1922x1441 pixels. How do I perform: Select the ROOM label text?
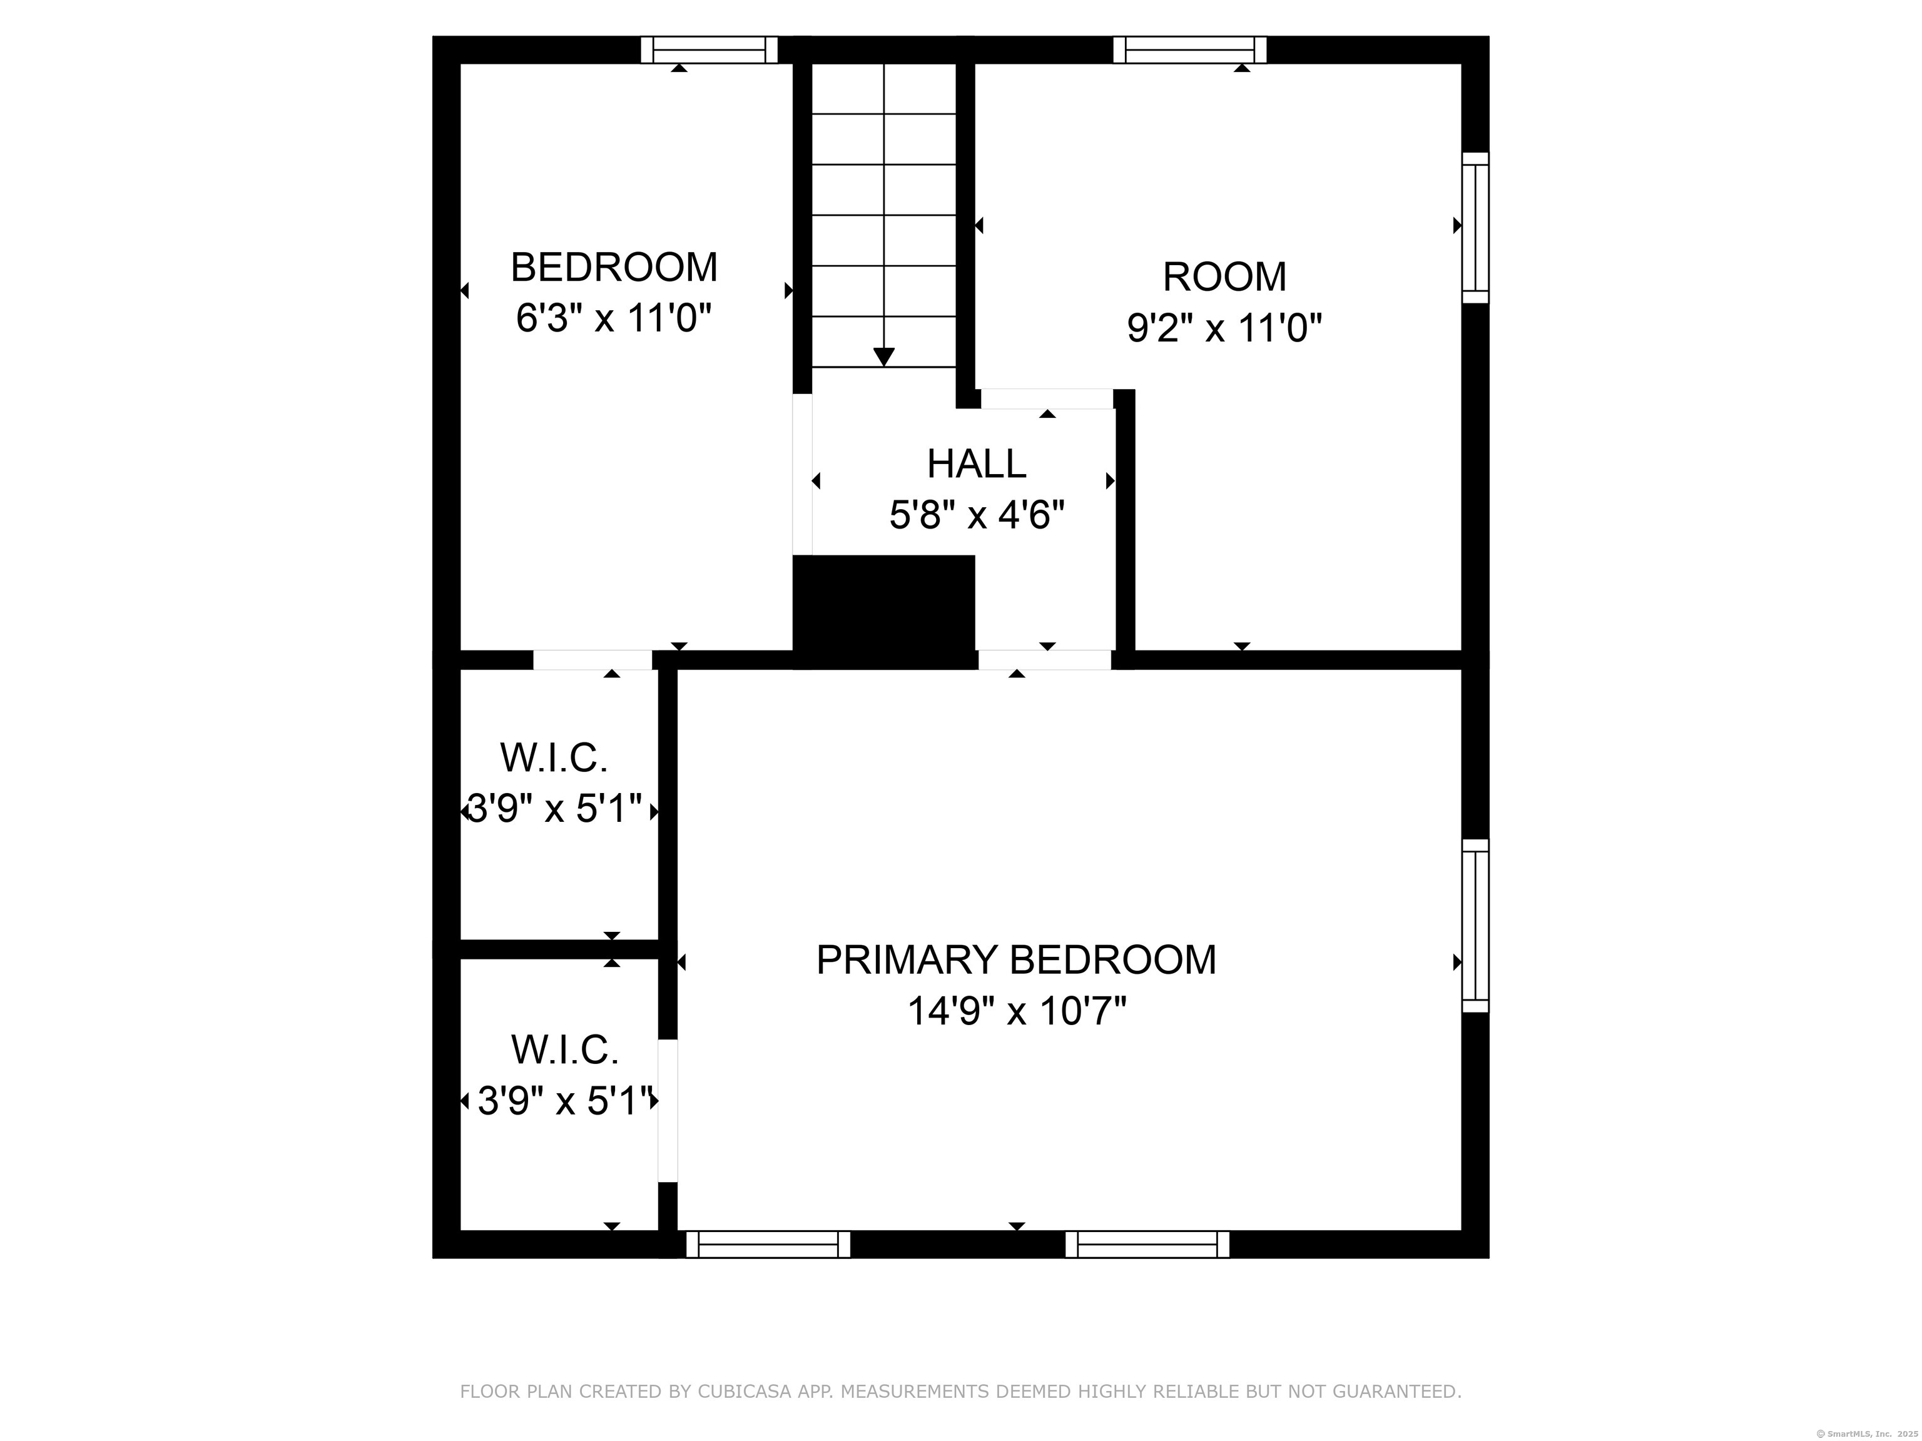[x=1224, y=277]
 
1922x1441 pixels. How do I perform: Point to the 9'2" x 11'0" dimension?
[x=1224, y=328]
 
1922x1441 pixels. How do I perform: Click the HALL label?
[x=977, y=464]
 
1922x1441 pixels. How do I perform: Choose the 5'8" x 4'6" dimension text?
[x=977, y=516]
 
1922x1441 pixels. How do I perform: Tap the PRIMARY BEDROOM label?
[x=1015, y=960]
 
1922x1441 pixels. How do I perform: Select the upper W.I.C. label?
[x=554, y=757]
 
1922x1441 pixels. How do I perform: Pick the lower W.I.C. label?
[x=565, y=1049]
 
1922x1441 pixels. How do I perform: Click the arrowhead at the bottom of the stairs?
[x=883, y=356]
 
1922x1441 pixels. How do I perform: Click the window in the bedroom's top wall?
[x=709, y=49]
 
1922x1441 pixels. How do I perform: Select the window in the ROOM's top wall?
[x=1189, y=49]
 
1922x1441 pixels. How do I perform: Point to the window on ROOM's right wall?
[x=1475, y=228]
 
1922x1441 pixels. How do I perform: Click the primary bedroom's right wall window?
[x=1475, y=925]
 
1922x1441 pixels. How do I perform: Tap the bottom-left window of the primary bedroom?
[x=768, y=1244]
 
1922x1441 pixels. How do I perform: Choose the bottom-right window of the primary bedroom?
[x=1147, y=1244]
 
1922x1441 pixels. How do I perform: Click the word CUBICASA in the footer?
[x=745, y=1392]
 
